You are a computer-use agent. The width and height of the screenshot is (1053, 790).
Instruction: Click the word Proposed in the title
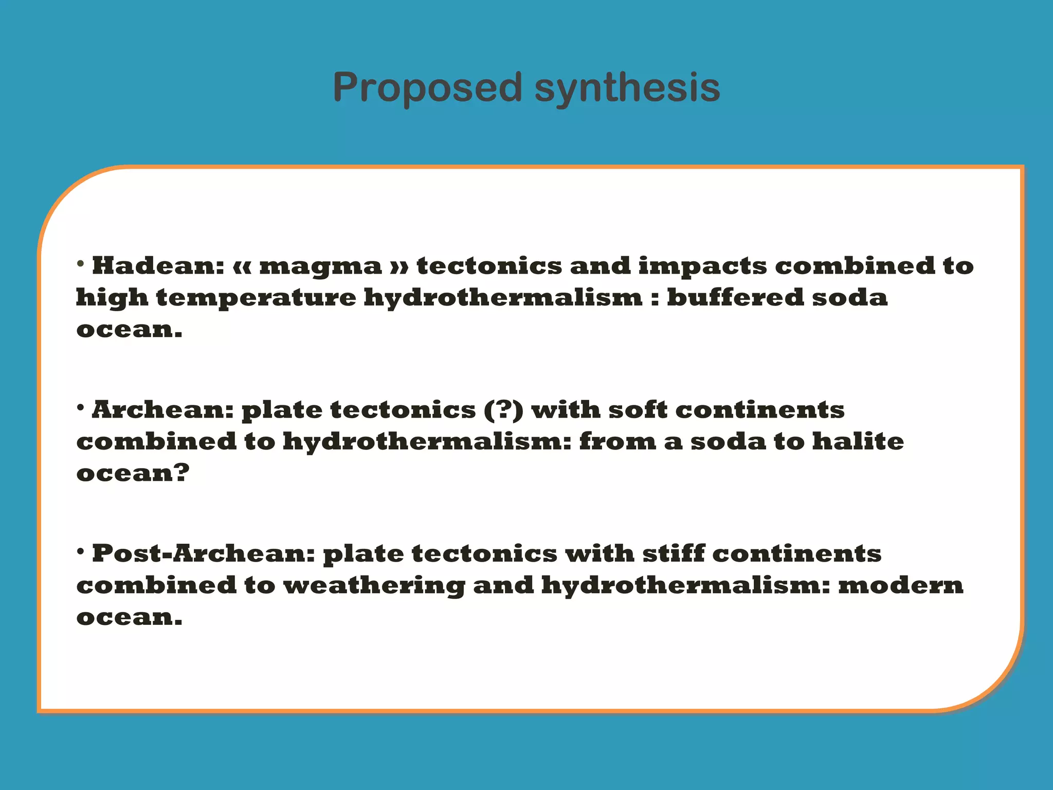[427, 87]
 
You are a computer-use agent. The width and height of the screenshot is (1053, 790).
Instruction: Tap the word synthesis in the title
[627, 87]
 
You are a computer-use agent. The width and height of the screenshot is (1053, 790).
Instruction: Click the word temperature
[256, 298]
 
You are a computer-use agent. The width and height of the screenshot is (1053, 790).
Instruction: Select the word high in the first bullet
[112, 298]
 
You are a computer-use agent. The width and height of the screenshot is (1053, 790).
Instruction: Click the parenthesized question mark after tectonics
[503, 410]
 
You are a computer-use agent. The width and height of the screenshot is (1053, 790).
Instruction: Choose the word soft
[638, 410]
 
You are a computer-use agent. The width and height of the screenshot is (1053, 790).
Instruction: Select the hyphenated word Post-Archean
[203, 554]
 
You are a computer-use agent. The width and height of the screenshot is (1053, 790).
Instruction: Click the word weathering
[374, 586]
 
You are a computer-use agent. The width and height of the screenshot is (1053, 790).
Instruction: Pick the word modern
[901, 586]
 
